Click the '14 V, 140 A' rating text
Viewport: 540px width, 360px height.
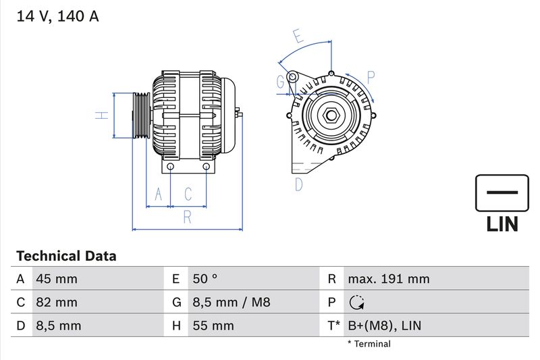57,17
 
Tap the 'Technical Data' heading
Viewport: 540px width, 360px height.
66,256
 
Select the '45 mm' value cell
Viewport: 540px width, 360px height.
57,279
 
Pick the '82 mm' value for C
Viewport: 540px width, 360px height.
57,303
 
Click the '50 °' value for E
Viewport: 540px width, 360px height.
205,279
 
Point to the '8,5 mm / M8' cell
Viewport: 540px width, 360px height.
231,303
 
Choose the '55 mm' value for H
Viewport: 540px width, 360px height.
213,326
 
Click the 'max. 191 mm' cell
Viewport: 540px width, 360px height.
388,279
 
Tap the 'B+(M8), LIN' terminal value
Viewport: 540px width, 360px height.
384,326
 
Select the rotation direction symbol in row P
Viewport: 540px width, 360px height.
355,303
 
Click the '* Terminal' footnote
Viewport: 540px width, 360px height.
369,344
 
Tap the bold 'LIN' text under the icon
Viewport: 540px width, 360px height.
502,224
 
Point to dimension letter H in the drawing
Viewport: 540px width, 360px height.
101,115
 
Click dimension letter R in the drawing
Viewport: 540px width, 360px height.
188,217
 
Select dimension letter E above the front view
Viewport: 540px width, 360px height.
298,36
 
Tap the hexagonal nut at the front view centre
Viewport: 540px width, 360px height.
331,115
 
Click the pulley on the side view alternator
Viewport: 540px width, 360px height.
140,115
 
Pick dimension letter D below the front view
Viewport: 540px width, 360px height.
298,184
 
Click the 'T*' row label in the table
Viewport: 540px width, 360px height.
333,326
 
